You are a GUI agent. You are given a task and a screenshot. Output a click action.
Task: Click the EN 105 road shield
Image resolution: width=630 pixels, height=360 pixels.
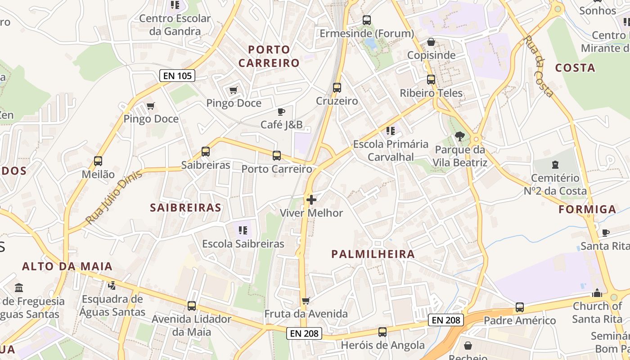click(x=177, y=76)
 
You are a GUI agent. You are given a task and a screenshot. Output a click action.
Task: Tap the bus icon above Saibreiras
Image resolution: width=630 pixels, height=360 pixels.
click(x=206, y=152)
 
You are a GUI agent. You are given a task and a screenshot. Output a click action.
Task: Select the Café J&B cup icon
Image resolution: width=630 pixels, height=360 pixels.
click(x=281, y=112)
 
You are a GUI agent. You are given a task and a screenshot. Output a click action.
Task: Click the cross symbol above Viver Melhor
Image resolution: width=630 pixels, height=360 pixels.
click(x=311, y=199)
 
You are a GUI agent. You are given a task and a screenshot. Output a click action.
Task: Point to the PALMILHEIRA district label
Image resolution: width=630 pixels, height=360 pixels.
click(x=373, y=254)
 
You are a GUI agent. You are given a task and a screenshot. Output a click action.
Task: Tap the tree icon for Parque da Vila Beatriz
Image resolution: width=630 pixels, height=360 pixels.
click(x=460, y=136)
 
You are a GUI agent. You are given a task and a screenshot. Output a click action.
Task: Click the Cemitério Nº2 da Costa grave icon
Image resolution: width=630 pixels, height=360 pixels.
click(x=555, y=165)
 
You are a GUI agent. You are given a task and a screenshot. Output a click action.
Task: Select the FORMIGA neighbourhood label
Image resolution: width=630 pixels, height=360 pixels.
click(x=587, y=209)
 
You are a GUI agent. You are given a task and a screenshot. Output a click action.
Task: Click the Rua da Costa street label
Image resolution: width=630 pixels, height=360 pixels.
click(x=538, y=66)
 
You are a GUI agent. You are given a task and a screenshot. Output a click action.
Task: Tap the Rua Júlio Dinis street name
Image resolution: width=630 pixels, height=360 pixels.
click(x=113, y=197)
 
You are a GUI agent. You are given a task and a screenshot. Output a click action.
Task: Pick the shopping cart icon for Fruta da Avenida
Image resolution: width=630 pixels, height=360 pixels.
click(x=306, y=301)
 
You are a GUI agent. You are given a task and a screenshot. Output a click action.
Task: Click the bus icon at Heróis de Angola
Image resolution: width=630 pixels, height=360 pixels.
click(x=382, y=332)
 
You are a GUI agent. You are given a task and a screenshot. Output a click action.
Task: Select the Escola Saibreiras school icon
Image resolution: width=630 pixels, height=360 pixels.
click(x=243, y=231)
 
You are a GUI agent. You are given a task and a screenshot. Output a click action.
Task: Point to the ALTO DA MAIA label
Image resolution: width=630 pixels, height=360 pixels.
click(x=67, y=266)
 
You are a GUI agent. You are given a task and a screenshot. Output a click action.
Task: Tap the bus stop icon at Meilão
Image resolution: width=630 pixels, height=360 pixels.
click(x=98, y=161)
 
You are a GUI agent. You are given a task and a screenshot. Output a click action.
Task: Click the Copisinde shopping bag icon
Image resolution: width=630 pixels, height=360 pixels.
click(x=431, y=42)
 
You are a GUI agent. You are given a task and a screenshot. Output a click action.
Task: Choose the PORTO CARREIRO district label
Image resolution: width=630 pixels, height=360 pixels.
click(x=269, y=56)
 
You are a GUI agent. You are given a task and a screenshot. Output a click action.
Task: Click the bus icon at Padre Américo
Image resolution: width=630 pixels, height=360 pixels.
click(x=520, y=307)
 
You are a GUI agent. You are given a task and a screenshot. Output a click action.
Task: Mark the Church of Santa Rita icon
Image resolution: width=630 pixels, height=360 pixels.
click(x=597, y=293)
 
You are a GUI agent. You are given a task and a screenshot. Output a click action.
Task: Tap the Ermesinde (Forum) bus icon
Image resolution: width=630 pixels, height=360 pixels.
click(x=367, y=20)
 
